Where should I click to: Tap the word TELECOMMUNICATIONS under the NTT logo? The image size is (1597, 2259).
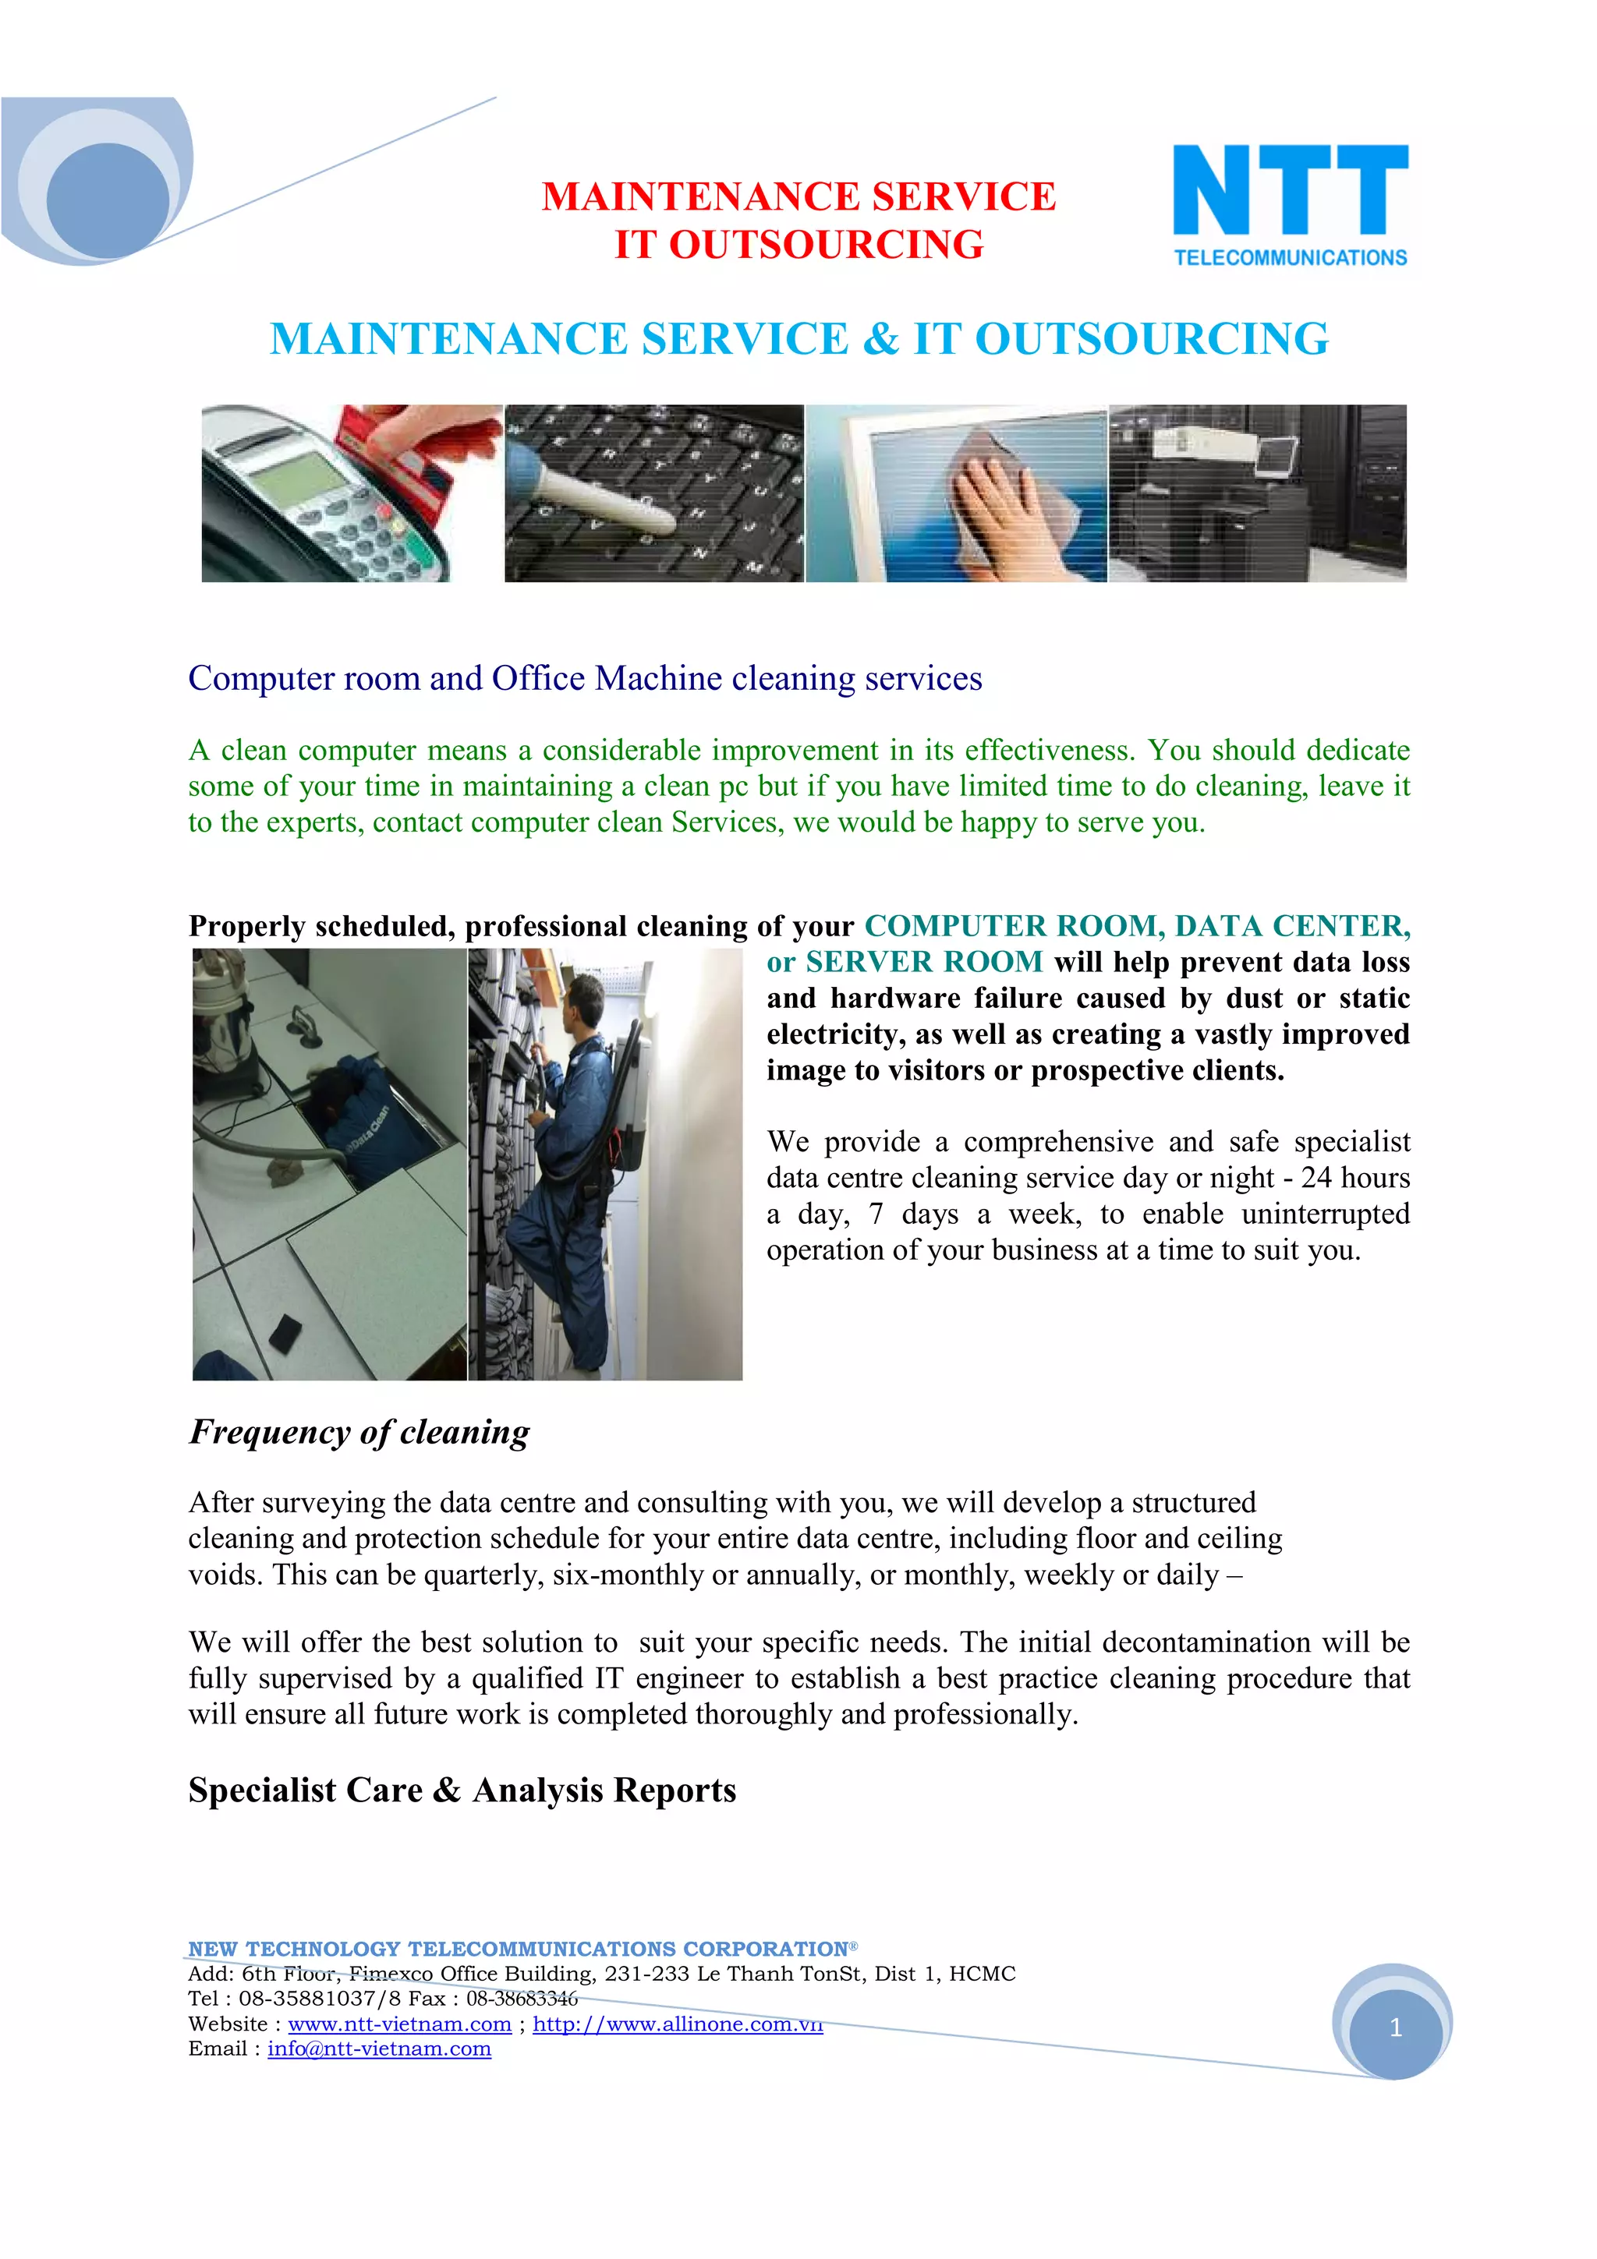point(1290,258)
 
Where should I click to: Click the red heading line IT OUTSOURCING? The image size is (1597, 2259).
point(798,245)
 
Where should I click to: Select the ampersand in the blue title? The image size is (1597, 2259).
point(880,339)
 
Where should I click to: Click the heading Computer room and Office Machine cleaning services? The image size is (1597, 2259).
point(585,679)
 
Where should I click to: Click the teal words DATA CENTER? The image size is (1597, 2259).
point(1292,926)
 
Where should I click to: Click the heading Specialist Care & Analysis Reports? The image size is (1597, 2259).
point(462,1791)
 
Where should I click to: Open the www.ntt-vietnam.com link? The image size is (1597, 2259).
point(399,2024)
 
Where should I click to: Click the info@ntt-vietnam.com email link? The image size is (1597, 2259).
point(379,2049)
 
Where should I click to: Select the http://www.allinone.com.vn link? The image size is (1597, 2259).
point(677,2024)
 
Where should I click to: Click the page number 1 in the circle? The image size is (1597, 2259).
point(1394,2027)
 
